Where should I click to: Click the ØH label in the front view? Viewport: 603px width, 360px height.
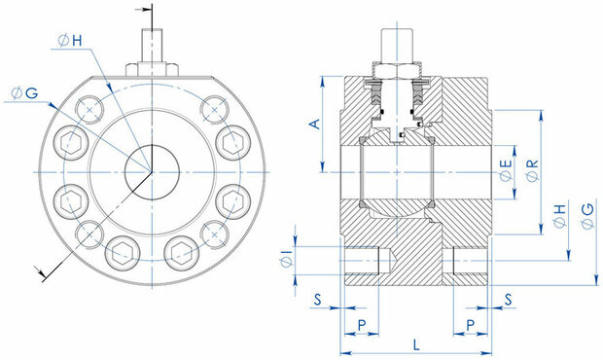click(x=70, y=41)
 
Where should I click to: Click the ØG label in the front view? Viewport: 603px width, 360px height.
click(x=24, y=93)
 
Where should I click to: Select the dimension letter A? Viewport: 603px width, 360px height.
click(x=315, y=124)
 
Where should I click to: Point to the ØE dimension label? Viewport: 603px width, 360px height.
click(x=506, y=170)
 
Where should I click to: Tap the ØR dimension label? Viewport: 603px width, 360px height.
click(x=533, y=170)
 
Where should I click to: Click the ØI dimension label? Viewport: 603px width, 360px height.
click(x=287, y=259)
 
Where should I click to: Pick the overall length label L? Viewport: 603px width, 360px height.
click(x=416, y=344)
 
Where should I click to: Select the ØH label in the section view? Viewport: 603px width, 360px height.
click(x=560, y=216)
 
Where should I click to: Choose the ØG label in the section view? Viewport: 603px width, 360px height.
click(x=587, y=217)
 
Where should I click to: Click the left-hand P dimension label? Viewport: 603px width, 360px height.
click(x=362, y=325)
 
